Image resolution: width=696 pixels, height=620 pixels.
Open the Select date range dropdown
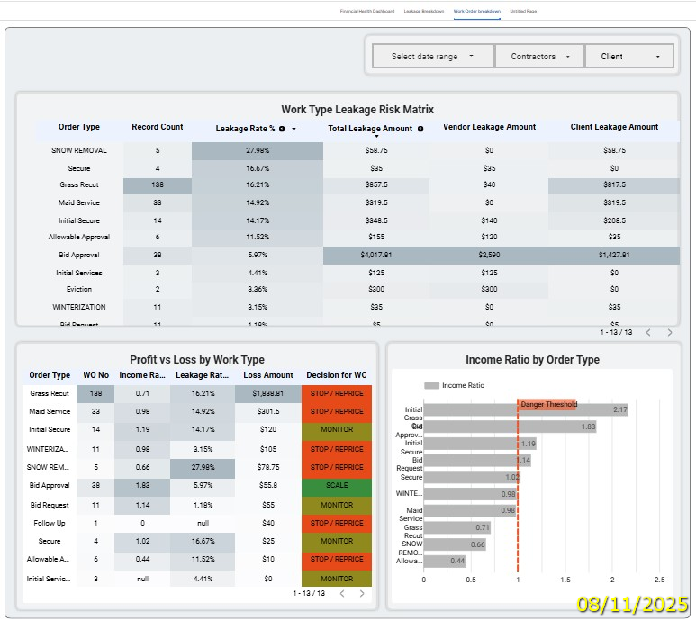(x=432, y=56)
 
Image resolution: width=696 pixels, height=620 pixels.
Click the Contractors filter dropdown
(x=538, y=56)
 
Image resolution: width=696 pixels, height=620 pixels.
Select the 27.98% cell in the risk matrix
(x=257, y=151)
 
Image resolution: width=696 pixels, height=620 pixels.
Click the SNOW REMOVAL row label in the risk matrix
(x=79, y=151)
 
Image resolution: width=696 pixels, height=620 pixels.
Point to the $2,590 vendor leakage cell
(x=489, y=255)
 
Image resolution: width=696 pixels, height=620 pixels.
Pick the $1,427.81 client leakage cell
(x=614, y=255)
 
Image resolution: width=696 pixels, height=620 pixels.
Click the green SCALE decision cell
(x=337, y=485)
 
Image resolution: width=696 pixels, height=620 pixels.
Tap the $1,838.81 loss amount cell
(x=267, y=393)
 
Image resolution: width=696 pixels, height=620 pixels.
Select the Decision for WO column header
(x=337, y=375)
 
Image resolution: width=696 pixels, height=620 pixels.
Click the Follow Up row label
(x=50, y=522)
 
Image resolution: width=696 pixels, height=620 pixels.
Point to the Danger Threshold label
(x=547, y=405)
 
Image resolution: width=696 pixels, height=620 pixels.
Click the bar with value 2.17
(x=525, y=410)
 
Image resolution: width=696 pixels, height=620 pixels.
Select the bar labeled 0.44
(x=444, y=562)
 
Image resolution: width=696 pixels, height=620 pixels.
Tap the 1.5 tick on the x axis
(x=565, y=580)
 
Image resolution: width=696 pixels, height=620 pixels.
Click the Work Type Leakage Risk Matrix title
(x=357, y=110)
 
